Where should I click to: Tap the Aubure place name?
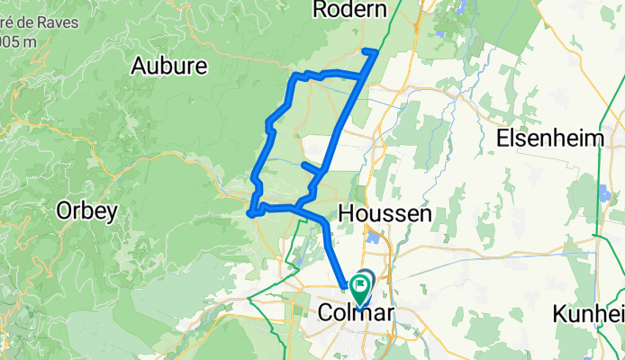(x=169, y=66)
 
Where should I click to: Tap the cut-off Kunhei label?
(x=589, y=314)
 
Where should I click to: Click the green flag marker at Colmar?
(x=361, y=290)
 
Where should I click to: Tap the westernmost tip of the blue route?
(x=249, y=214)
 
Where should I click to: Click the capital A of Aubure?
(x=140, y=66)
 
